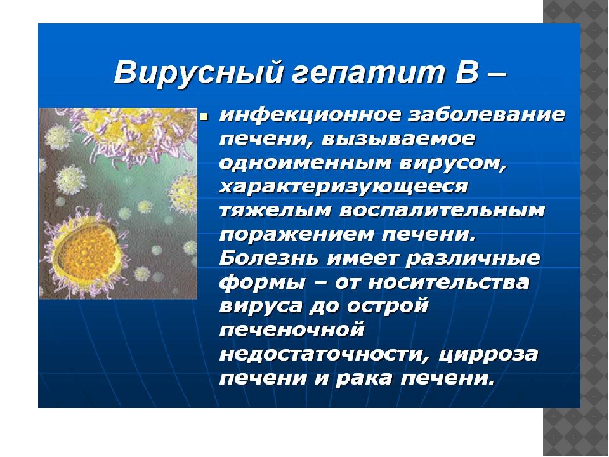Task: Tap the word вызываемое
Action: [x=398, y=139]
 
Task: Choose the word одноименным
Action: [x=305, y=163]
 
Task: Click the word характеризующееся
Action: [x=344, y=187]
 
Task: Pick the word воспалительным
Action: [x=442, y=211]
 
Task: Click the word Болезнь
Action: [x=270, y=258]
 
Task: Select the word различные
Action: [x=473, y=259]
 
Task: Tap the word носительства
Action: [x=449, y=282]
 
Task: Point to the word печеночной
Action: [x=292, y=330]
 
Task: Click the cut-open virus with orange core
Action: [x=87, y=255]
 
